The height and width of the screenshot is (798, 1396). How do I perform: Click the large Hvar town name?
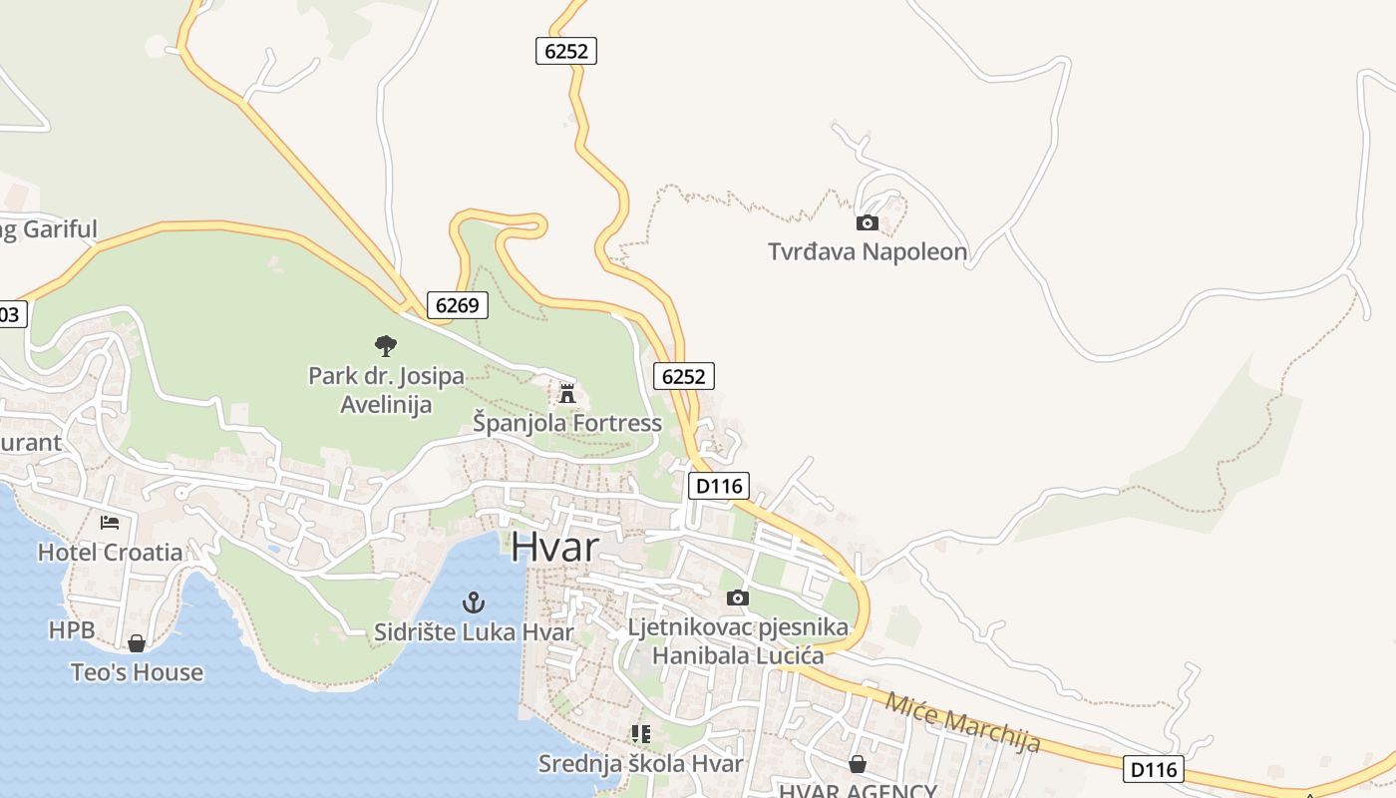point(555,548)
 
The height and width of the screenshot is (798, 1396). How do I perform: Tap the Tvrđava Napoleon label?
point(868,251)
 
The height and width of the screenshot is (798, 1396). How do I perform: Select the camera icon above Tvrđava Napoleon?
point(868,223)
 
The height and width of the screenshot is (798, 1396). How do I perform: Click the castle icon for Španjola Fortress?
point(567,393)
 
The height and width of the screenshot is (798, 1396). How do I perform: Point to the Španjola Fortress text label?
point(566,423)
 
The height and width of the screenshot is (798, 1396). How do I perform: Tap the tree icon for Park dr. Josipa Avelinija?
point(386,346)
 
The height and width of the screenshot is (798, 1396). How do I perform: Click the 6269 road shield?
point(458,305)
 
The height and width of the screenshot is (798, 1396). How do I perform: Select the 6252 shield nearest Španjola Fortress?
point(684,376)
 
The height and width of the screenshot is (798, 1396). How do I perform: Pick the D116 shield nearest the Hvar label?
point(718,486)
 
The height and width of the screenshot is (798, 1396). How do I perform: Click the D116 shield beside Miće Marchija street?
point(1154,769)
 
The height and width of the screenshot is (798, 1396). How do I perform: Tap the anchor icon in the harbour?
point(475,601)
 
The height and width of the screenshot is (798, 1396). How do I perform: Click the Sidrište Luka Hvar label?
point(474,631)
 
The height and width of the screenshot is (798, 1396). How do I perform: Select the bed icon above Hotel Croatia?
point(110,523)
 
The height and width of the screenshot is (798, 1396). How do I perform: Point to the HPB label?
point(72,630)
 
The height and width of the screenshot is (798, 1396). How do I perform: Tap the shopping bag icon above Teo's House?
point(137,643)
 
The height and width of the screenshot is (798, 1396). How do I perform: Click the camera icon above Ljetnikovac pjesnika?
point(738,598)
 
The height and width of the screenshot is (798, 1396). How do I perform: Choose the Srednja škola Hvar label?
point(640,764)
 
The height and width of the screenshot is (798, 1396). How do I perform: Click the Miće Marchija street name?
point(962,721)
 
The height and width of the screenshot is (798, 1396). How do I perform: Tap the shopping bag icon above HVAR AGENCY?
point(857,764)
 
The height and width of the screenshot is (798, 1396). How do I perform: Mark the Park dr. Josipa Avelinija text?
point(386,390)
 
